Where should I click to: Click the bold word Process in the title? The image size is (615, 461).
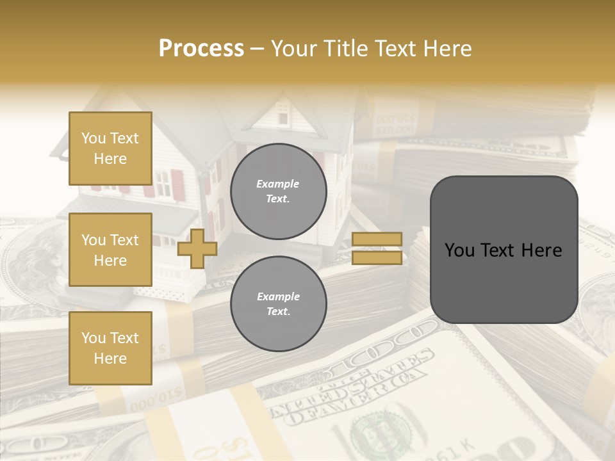(x=201, y=48)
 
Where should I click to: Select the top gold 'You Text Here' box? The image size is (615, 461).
(x=110, y=149)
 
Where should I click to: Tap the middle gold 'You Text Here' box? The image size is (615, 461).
(x=110, y=250)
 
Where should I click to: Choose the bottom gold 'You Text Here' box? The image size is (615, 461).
(x=110, y=348)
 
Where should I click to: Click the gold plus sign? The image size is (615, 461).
(x=197, y=248)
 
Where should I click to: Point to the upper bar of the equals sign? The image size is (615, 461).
(x=377, y=239)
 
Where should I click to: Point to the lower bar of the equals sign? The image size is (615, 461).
(x=377, y=257)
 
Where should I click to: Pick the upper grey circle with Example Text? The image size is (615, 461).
(x=278, y=191)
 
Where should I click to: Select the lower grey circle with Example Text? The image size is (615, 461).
(x=278, y=304)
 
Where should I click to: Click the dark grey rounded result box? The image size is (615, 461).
(x=504, y=250)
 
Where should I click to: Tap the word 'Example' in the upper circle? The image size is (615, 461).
(x=278, y=184)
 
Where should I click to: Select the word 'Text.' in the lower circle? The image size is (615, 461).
(x=278, y=312)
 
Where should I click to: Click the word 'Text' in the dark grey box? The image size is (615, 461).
(x=504, y=250)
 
